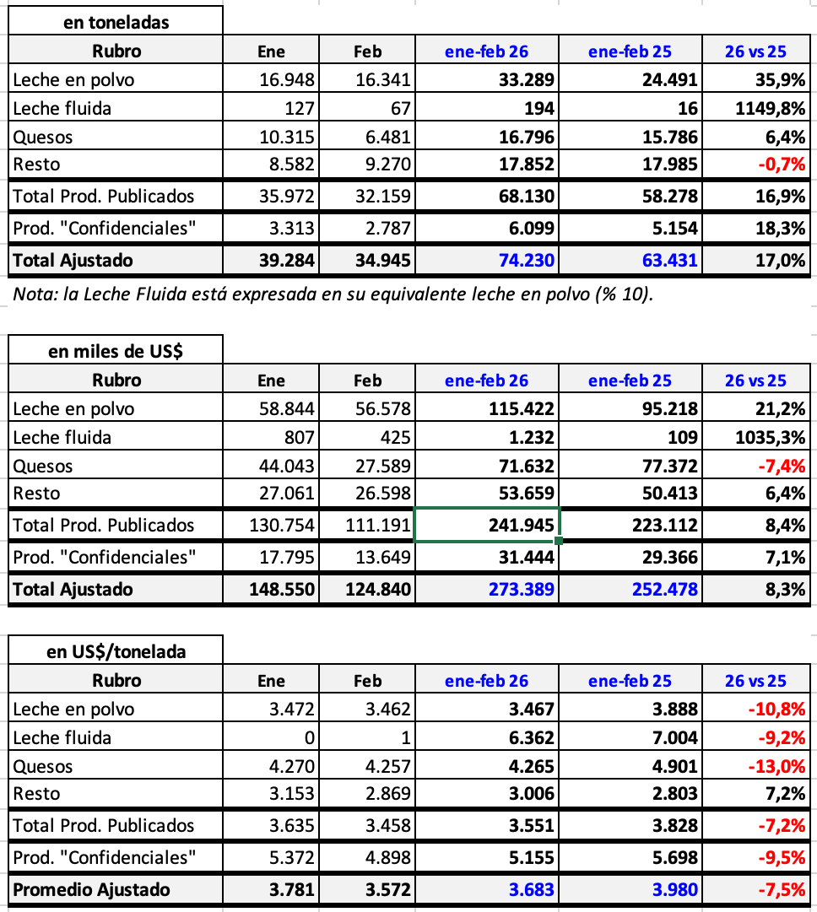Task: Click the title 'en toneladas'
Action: [x=116, y=23]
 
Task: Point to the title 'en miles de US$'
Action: [x=116, y=352]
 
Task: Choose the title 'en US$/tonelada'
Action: [x=116, y=651]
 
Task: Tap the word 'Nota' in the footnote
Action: [x=31, y=294]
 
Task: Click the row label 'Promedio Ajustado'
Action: [x=91, y=889]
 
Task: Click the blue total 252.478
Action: [x=665, y=589]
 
